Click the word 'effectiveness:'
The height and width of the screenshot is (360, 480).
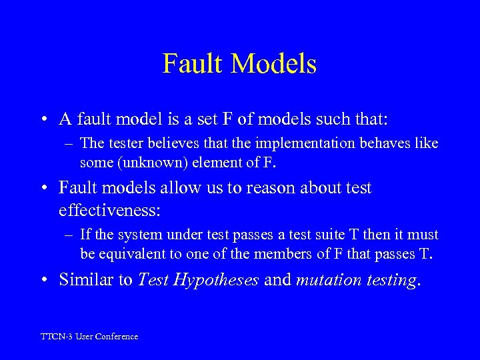click(109, 211)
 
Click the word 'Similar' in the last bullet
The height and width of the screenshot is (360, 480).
click(86, 279)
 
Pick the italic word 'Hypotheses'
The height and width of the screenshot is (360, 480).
click(215, 280)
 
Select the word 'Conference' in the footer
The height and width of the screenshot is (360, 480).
click(117, 337)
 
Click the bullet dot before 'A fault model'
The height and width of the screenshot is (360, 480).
click(43, 120)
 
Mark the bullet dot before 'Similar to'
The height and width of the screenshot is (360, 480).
click(43, 280)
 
